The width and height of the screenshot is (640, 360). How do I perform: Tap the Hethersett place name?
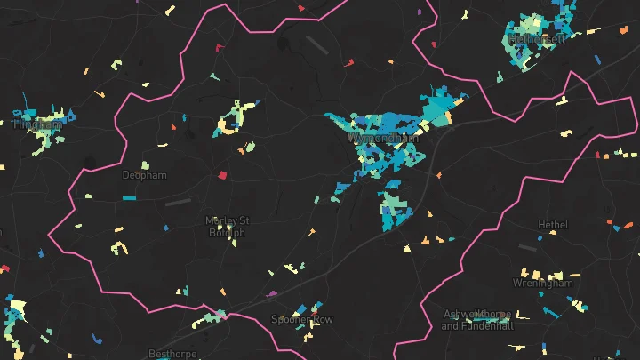(x=539, y=39)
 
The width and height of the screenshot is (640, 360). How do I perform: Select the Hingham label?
(x=38, y=125)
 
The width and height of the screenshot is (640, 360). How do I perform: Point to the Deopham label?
(x=144, y=175)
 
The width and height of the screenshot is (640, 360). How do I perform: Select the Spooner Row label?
(x=302, y=319)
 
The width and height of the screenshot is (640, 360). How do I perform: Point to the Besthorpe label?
(x=170, y=353)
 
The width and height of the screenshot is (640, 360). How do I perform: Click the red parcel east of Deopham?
(x=222, y=174)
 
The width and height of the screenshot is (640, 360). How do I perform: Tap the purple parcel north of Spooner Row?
(x=272, y=293)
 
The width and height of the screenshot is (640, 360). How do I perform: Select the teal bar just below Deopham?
(x=129, y=197)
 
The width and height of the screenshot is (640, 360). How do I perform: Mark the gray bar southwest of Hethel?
(x=527, y=248)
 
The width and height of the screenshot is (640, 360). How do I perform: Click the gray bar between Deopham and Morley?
(x=178, y=203)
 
